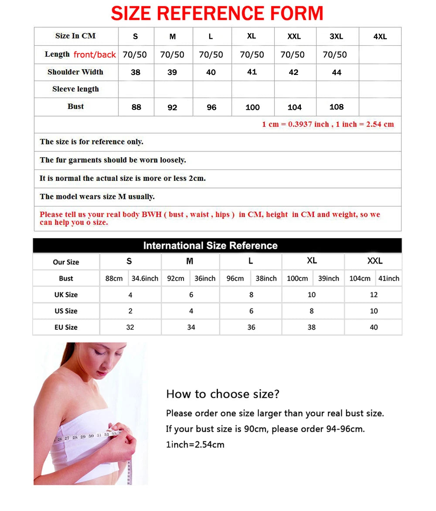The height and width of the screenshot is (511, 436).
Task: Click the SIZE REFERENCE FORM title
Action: pyautogui.click(x=217, y=13)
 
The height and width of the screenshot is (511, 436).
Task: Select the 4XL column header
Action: pyautogui.click(x=380, y=37)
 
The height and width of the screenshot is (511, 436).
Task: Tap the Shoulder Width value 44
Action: pyautogui.click(x=337, y=72)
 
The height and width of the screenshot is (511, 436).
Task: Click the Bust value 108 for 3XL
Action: pyautogui.click(x=337, y=107)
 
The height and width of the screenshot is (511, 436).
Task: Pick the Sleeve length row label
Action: pyautogui.click(x=75, y=89)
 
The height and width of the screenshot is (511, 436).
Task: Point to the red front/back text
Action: pyautogui.click(x=95, y=54)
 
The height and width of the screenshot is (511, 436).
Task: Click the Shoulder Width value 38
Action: pyautogui.click(x=136, y=72)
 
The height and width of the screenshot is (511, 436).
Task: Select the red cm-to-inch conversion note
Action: pyautogui.click(x=327, y=124)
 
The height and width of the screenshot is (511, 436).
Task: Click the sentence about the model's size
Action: pyautogui.click(x=97, y=196)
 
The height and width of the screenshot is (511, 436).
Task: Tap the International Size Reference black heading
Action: pyautogui.click(x=210, y=245)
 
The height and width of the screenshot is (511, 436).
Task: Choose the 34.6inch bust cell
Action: pyautogui.click(x=145, y=278)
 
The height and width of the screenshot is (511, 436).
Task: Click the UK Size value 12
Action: pyautogui.click(x=374, y=295)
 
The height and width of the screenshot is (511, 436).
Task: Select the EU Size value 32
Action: pyautogui.click(x=130, y=327)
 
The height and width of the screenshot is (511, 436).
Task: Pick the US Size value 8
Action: pyautogui.click(x=311, y=311)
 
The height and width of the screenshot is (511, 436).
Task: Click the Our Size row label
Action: pyautogui.click(x=66, y=262)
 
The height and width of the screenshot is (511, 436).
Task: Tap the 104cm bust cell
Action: pyautogui.click(x=360, y=278)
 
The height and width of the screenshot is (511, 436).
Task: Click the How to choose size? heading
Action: pyautogui.click(x=222, y=394)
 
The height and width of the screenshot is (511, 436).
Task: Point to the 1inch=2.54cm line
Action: pyautogui.click(x=195, y=445)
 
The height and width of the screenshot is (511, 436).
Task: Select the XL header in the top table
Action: pyautogui.click(x=251, y=36)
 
